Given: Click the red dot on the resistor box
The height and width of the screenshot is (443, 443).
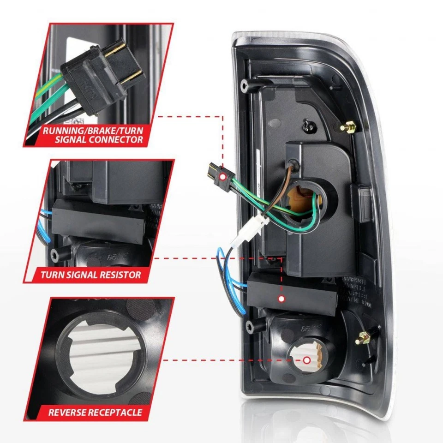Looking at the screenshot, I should [x=281, y=299].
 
